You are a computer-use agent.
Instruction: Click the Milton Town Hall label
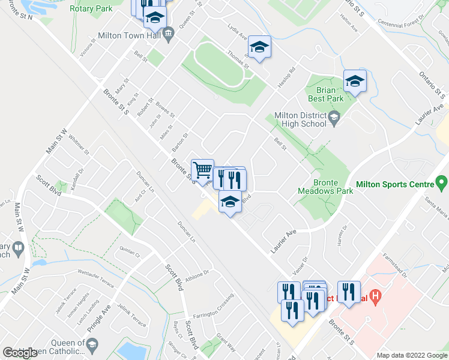point(131,35)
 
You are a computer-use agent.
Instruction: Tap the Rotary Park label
point(91,9)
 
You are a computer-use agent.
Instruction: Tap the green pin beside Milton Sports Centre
point(442,181)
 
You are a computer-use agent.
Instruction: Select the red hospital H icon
point(375,295)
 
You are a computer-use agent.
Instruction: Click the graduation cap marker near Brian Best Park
point(355,82)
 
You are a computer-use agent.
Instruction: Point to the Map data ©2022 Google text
point(412,355)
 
